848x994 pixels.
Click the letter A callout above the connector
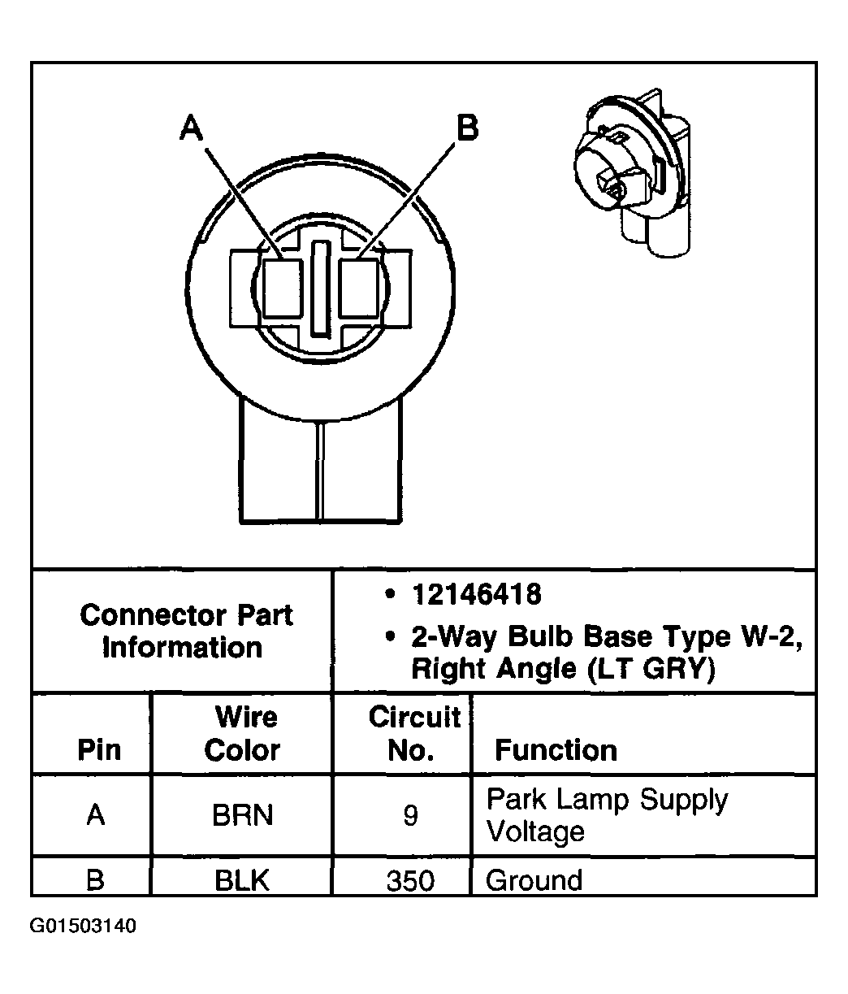click(192, 128)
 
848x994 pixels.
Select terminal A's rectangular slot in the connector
click(283, 288)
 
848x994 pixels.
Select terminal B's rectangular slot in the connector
click(358, 288)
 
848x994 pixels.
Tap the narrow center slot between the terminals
click(321, 288)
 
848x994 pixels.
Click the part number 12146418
click(476, 595)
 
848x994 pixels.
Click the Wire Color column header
click(243, 733)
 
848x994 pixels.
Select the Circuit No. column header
click(413, 733)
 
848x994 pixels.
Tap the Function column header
click(556, 749)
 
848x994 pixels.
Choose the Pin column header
click(99, 749)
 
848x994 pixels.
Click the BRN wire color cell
click(242, 815)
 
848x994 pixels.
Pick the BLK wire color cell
click(242, 880)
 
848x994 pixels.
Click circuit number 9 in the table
click(410, 815)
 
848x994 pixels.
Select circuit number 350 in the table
click(410, 880)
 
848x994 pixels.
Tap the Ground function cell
click(534, 880)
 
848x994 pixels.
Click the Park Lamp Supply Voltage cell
click(606, 815)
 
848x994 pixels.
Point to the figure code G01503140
click(83, 927)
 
